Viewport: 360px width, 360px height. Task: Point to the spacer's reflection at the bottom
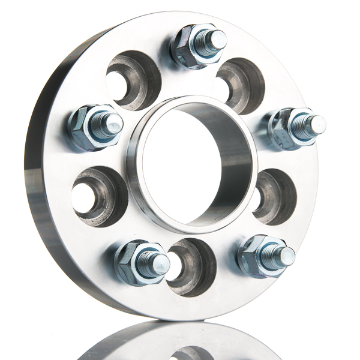(180, 342)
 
